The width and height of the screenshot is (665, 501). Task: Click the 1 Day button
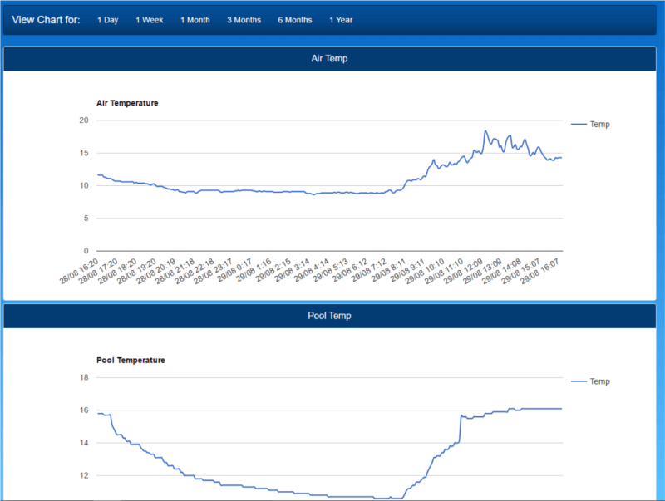tap(107, 20)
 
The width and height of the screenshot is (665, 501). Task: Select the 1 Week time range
tap(150, 20)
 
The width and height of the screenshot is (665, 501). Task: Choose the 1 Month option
tap(195, 20)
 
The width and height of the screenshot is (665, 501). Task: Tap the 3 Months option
tap(244, 20)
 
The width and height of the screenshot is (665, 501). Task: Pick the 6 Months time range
tap(295, 20)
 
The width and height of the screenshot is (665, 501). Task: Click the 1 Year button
tap(341, 20)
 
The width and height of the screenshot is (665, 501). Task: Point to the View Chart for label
tap(46, 20)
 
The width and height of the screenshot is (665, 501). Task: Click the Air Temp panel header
tap(329, 59)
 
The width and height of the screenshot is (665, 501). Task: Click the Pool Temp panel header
tap(329, 316)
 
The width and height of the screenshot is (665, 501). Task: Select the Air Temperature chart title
tap(127, 103)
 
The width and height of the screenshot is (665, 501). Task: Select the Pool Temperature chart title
tap(131, 361)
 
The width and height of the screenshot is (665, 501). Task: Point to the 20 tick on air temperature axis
tap(83, 120)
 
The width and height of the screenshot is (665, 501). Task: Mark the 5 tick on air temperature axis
tap(86, 219)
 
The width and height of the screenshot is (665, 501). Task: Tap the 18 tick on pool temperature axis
tap(83, 378)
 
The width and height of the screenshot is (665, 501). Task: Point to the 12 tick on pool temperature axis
tap(83, 475)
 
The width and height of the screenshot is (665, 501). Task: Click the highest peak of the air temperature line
tap(485, 131)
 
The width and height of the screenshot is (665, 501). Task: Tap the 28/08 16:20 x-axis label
tap(79, 271)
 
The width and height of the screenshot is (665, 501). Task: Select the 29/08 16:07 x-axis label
tap(540, 271)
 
